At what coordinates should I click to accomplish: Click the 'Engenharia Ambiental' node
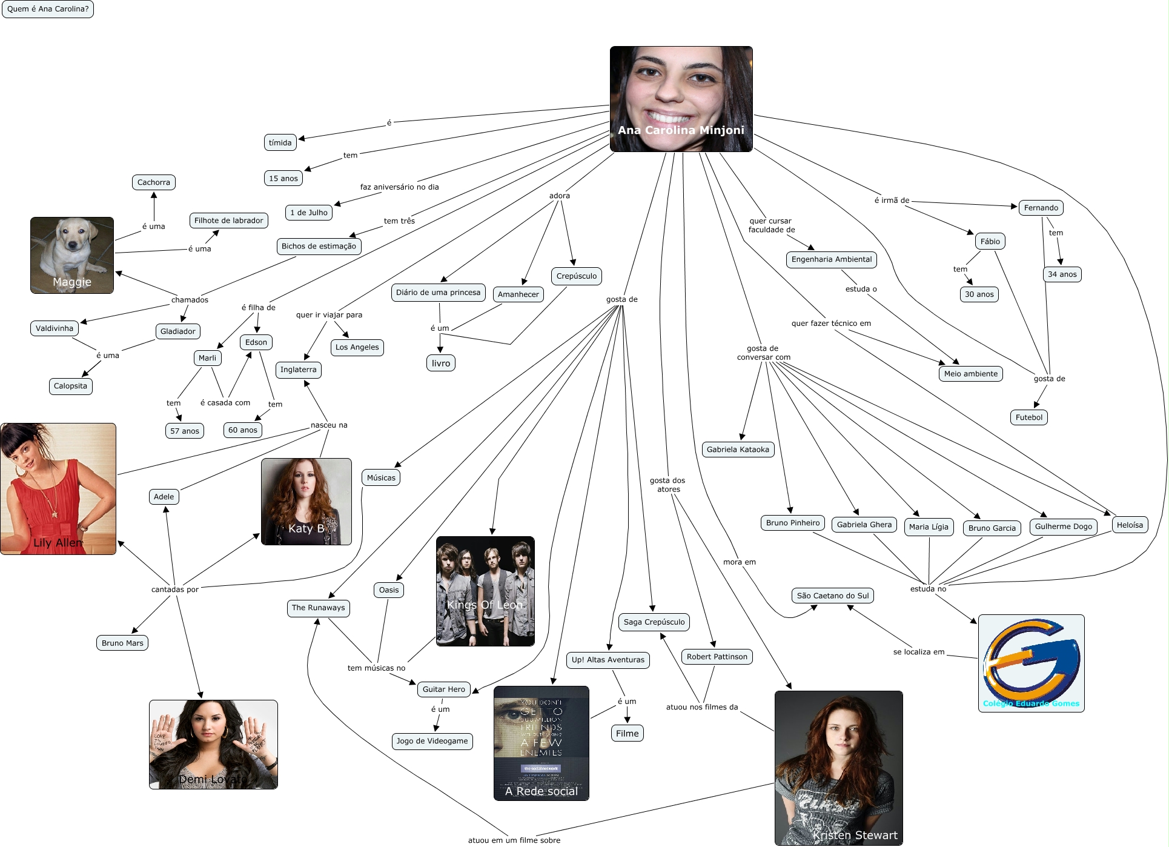coord(832,259)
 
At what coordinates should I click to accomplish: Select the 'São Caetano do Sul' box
coord(832,596)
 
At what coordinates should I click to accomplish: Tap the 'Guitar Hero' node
coord(443,689)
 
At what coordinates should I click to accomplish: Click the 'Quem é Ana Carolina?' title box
coord(48,9)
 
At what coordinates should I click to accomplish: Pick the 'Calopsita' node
coord(70,386)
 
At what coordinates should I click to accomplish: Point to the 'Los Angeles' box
coord(357,347)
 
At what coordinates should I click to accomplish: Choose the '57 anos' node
coord(184,431)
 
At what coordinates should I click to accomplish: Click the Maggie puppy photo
coord(72,255)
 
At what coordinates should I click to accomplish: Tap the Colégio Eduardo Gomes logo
coord(1031,663)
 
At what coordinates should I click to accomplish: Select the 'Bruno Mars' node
coord(122,643)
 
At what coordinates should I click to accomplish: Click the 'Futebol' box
coord(1028,417)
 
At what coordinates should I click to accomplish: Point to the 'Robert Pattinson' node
coord(717,657)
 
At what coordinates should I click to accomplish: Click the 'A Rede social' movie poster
coord(541,743)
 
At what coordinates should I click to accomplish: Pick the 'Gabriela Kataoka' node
coord(737,450)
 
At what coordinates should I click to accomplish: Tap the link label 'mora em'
coord(739,562)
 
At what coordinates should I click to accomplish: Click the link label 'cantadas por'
coord(174,590)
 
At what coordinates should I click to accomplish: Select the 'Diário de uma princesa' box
coord(438,293)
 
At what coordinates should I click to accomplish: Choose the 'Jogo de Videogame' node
coord(432,741)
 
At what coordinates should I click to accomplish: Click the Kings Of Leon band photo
coord(485,591)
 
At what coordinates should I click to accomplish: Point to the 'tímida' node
coord(280,143)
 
